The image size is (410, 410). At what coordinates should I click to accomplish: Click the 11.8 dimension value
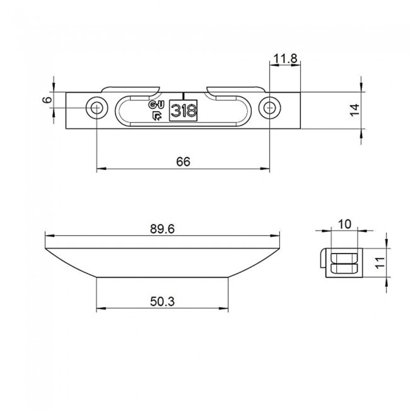tap(286, 59)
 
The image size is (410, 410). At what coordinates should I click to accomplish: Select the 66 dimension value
tap(183, 161)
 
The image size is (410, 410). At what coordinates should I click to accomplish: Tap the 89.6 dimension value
tap(163, 230)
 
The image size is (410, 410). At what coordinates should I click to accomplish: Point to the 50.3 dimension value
tap(163, 302)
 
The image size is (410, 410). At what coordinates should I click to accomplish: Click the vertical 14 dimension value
tap(354, 109)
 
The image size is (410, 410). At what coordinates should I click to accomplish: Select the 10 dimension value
tap(344, 224)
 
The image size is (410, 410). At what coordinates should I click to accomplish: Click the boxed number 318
tap(184, 110)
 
